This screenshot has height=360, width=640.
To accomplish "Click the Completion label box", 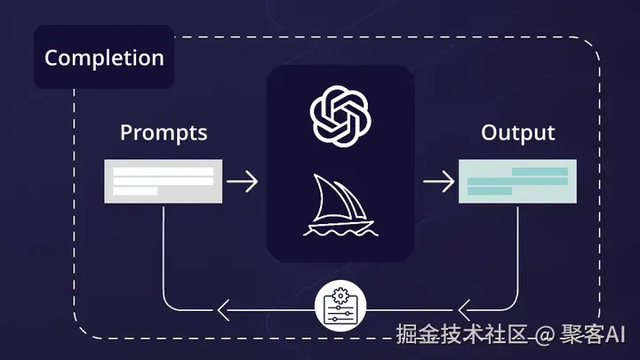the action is (x=104, y=58).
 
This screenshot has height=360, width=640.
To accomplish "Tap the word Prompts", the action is (x=164, y=133).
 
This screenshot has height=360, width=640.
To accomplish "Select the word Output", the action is (x=517, y=133).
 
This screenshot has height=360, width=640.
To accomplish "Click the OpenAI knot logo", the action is (x=340, y=114).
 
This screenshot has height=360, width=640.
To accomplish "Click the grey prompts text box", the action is (x=163, y=181).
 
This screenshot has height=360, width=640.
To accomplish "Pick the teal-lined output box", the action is (x=517, y=181).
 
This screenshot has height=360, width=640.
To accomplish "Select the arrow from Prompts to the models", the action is (x=242, y=181).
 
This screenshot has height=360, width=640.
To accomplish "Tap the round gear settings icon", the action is (x=340, y=308).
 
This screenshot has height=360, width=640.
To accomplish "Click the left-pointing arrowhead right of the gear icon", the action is (x=466, y=309).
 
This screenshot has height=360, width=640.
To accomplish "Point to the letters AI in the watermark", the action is (x=617, y=334).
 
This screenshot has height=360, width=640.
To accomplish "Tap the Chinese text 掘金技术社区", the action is (x=463, y=334).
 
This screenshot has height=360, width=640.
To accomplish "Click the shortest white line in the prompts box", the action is (x=135, y=191).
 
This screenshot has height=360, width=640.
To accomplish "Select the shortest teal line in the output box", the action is (x=490, y=191).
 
